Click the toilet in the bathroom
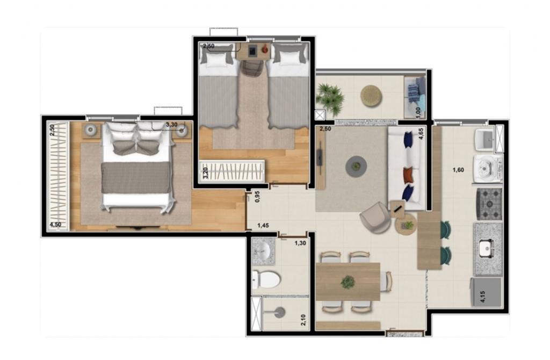click(x=266, y=279)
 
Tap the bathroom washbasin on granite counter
click(x=263, y=250)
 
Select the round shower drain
click(x=280, y=312)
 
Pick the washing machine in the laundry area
click(x=488, y=169)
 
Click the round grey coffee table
click(x=357, y=166)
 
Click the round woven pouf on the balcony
click(x=372, y=96)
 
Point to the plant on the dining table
click(x=348, y=282)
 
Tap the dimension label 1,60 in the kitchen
click(x=458, y=170)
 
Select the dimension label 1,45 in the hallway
click(x=263, y=226)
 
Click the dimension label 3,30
click(x=171, y=125)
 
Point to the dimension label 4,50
click(x=55, y=225)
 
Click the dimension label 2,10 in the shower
click(x=303, y=320)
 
